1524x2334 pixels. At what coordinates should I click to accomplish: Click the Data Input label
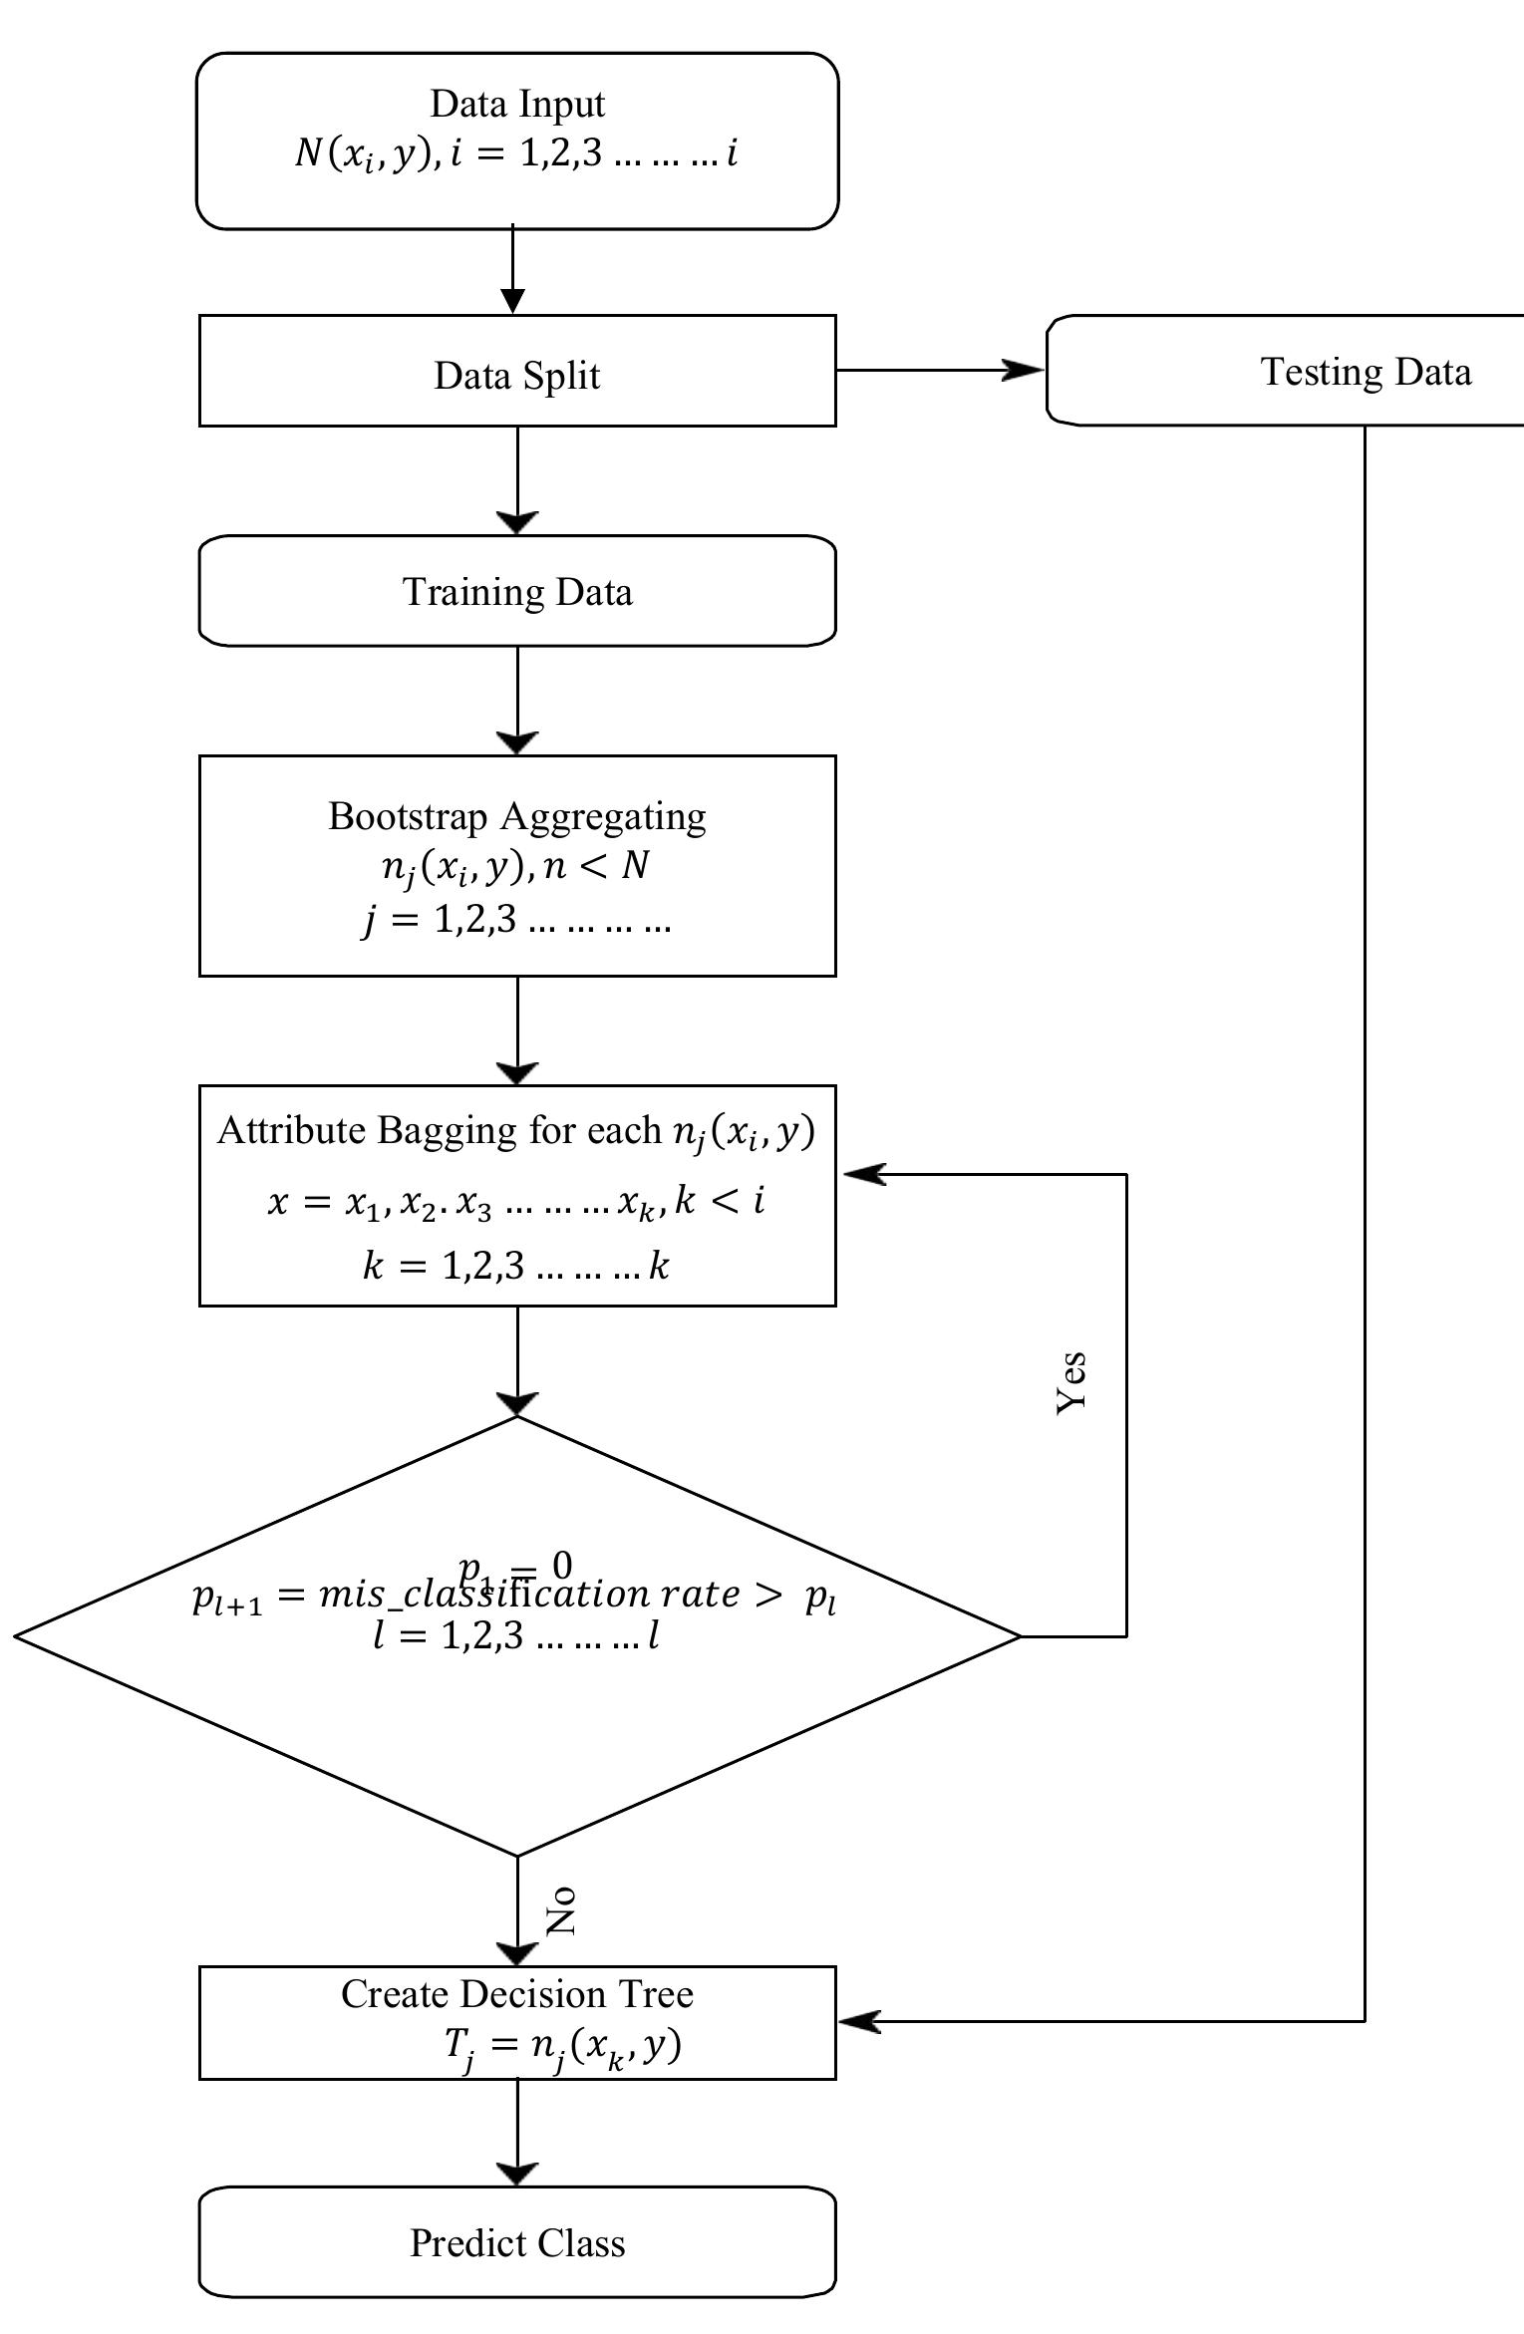[x=517, y=104]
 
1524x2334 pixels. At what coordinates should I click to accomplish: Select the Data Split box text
[x=517, y=376]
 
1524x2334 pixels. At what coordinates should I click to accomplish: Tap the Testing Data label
[x=1365, y=372]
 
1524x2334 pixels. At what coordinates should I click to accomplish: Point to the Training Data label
[x=517, y=592]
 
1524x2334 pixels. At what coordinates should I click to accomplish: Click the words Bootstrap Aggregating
[x=517, y=816]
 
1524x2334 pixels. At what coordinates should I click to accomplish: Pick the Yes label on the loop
[x=1071, y=1383]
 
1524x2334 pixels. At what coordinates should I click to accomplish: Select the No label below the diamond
[x=562, y=1910]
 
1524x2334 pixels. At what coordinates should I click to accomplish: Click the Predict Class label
[x=517, y=2242]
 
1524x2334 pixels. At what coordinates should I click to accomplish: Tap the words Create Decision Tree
[x=517, y=1994]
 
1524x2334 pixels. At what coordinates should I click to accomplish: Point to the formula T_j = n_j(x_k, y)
[x=562, y=2045]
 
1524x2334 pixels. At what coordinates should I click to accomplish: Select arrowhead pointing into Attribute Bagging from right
[x=863, y=1174]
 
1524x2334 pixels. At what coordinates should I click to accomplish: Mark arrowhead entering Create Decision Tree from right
[x=859, y=2021]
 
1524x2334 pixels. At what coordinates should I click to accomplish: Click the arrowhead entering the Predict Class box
[x=517, y=2173]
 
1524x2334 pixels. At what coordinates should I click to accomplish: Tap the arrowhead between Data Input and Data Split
[x=512, y=300]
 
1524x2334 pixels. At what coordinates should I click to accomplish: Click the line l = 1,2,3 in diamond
[x=515, y=1635]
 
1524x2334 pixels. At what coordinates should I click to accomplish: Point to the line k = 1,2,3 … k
[x=515, y=1266]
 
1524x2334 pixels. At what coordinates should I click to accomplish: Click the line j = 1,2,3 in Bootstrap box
[x=515, y=919]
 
